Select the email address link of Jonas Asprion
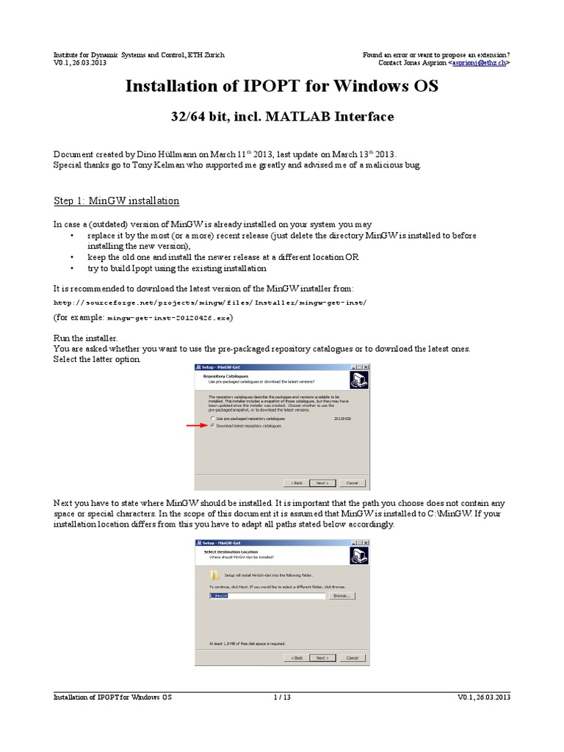pos(480,63)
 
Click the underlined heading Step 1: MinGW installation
pos(116,200)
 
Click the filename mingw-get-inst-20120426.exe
pos(170,318)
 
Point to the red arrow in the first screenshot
pos(195,425)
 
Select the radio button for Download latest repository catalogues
pos(213,426)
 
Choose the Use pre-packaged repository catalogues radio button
pos(213,418)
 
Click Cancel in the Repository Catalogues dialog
pos(352,482)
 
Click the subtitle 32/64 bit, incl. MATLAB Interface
pos(282,116)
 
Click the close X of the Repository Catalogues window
pos(366,366)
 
